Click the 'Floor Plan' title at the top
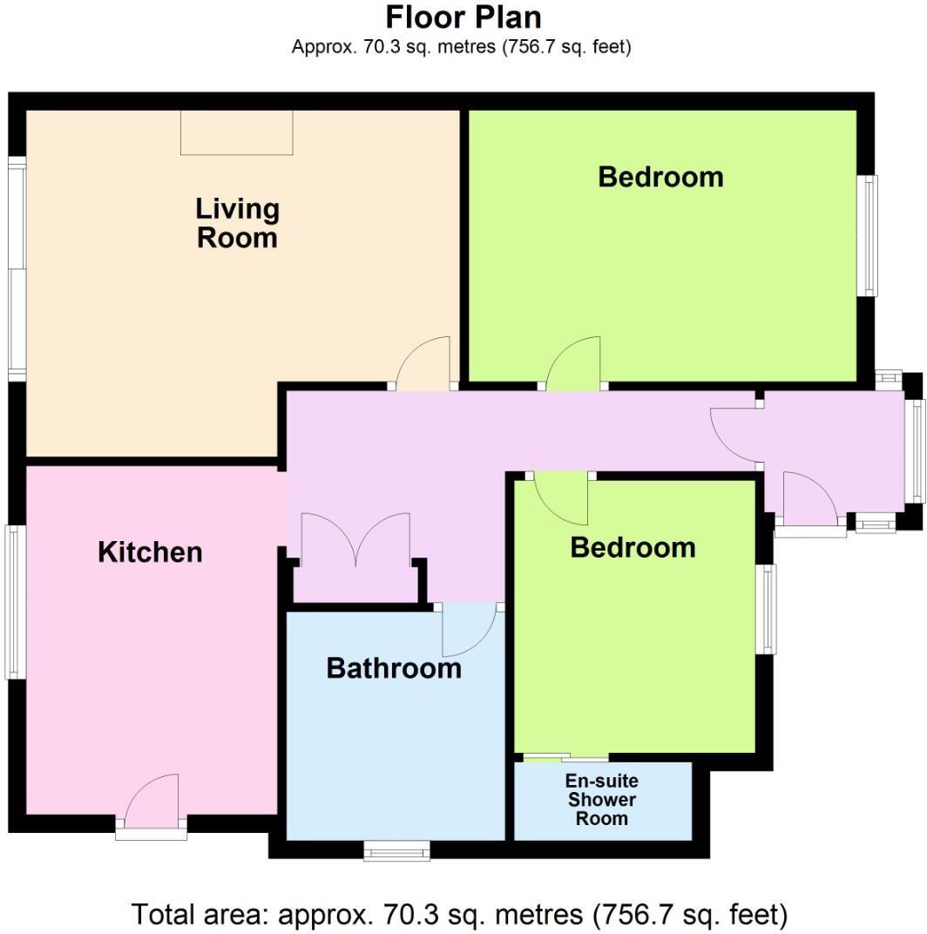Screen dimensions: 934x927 click(463, 17)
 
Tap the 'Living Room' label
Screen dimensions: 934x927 click(237, 223)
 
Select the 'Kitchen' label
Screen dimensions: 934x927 click(150, 552)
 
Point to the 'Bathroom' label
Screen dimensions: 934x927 click(394, 668)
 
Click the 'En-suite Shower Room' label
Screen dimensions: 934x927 click(602, 799)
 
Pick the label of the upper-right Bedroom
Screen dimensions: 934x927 click(660, 177)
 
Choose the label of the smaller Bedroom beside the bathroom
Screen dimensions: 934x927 click(633, 547)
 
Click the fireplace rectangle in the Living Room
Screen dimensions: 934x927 click(236, 132)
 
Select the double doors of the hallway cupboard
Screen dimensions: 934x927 click(355, 540)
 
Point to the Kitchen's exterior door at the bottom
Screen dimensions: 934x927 click(152, 804)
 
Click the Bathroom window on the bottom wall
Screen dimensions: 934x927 click(396, 850)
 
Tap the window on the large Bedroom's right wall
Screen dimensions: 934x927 click(869, 235)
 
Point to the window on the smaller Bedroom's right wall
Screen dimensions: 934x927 click(766, 609)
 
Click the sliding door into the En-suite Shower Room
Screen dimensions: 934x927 click(562, 758)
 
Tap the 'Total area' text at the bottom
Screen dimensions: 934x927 click(460, 915)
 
